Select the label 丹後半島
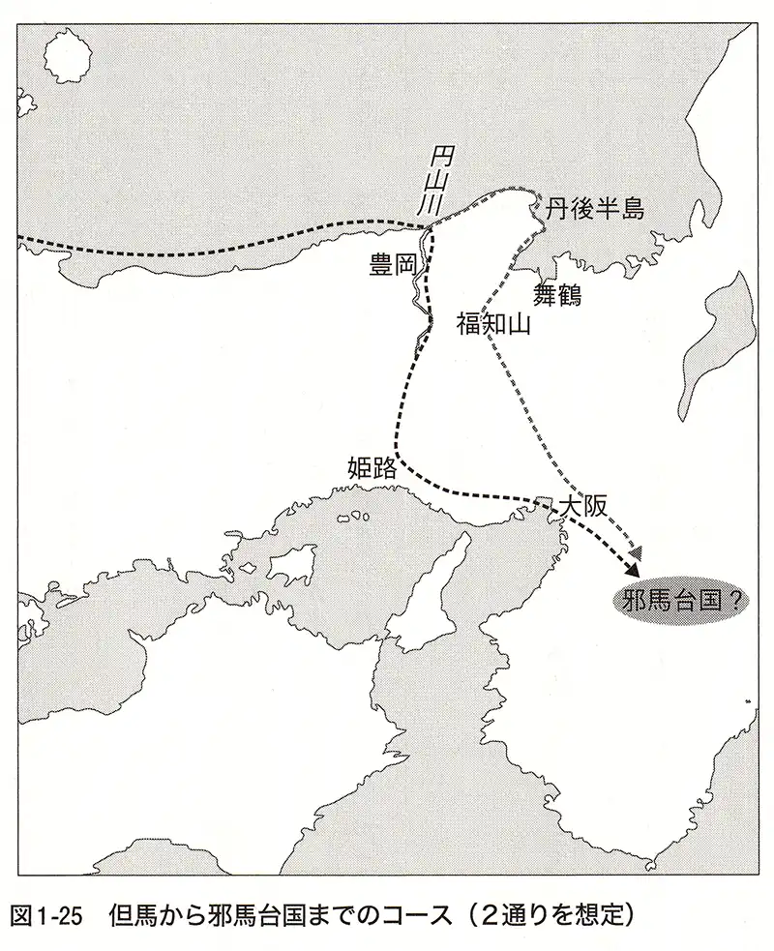tap(595, 208)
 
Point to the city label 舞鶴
tap(558, 294)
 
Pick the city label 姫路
tap(372, 469)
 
